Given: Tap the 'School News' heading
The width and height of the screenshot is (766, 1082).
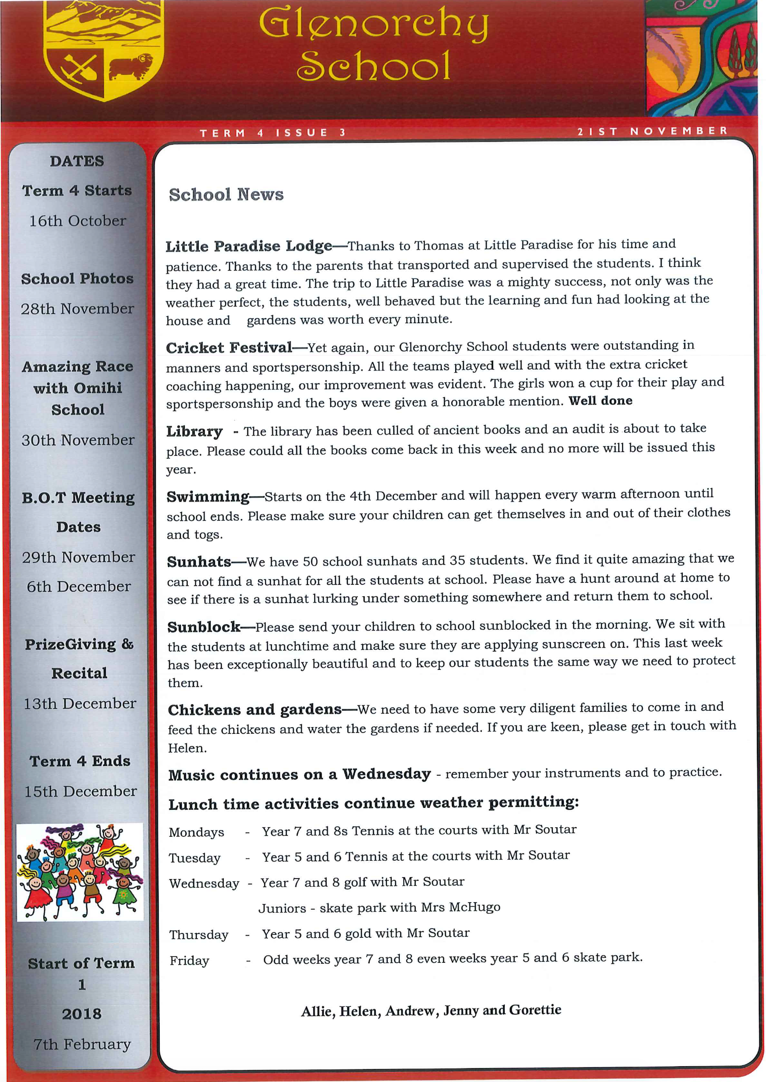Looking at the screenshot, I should click(x=226, y=195).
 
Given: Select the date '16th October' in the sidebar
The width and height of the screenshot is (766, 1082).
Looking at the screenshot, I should click(x=77, y=221).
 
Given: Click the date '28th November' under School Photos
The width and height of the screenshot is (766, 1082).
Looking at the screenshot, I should click(x=77, y=309).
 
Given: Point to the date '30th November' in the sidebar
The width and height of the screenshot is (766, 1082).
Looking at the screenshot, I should click(x=78, y=440).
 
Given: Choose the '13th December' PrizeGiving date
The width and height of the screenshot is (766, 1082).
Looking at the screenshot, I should click(x=80, y=704).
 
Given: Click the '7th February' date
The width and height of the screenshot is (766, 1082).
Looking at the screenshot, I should click(x=82, y=1044).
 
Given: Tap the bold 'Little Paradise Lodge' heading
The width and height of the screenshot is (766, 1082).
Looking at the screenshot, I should click(x=249, y=246).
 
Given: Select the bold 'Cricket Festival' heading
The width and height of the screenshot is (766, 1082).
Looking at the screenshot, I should click(x=229, y=348).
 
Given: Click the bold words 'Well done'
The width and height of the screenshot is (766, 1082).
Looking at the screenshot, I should click(x=600, y=401).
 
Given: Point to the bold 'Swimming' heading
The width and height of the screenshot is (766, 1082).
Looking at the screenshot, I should click(x=208, y=496).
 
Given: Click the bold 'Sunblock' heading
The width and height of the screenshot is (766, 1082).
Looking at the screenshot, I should click(x=204, y=627).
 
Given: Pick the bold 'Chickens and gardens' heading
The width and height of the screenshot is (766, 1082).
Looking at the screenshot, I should click(x=255, y=710).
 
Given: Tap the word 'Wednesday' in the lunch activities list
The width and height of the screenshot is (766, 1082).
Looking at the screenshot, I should click(x=204, y=883).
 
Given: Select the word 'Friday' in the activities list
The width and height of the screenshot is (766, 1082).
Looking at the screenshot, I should click(x=189, y=961).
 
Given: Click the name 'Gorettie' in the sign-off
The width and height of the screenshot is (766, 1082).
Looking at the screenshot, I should click(x=535, y=1010).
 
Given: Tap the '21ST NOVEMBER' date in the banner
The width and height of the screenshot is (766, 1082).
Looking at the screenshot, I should click(x=652, y=131).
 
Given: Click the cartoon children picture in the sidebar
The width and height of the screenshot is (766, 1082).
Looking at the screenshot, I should click(x=80, y=872).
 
